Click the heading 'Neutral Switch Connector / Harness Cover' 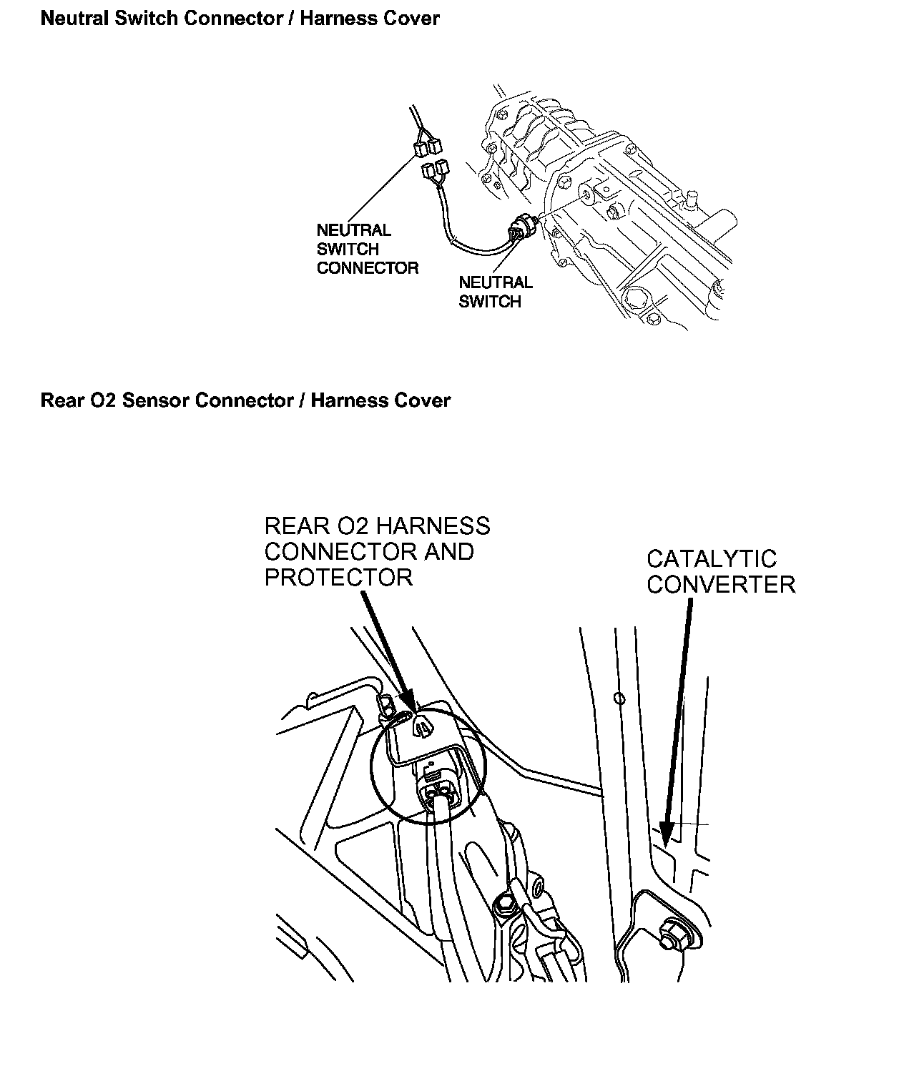(x=240, y=18)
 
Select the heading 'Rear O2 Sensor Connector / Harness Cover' (x=245, y=400)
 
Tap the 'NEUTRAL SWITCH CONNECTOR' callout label (x=367, y=249)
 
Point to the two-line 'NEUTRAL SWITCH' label (x=495, y=292)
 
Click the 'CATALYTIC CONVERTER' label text (x=720, y=571)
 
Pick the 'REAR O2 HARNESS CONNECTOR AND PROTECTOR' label (x=377, y=551)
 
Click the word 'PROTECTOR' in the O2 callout (x=338, y=577)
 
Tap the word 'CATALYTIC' (x=712, y=558)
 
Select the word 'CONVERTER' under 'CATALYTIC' (x=721, y=584)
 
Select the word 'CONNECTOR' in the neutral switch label (x=367, y=268)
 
